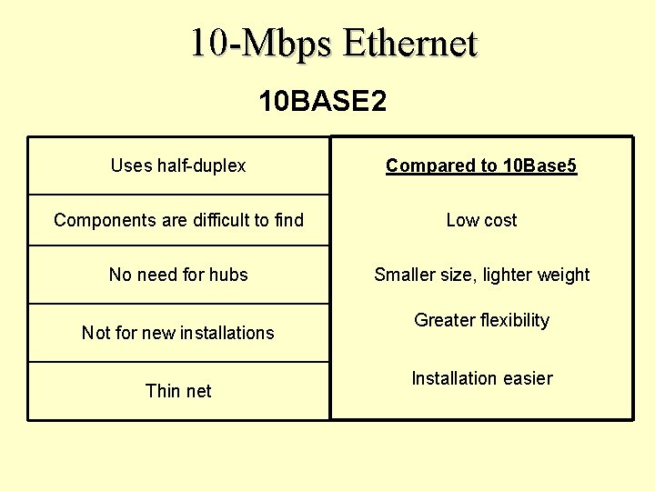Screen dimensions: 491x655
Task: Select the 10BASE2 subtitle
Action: click(x=322, y=101)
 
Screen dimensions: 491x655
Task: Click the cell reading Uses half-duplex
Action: click(x=178, y=165)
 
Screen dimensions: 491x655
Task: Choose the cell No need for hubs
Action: click(x=178, y=275)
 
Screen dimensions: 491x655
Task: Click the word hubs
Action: click(x=227, y=275)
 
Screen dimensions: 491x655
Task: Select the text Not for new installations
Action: click(x=178, y=333)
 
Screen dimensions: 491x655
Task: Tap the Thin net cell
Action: click(x=178, y=391)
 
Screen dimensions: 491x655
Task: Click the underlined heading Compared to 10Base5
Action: click(x=481, y=165)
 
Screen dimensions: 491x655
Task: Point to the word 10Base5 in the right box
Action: click(x=539, y=165)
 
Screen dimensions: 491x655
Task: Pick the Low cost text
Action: click(x=481, y=220)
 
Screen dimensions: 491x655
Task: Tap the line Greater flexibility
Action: click(x=481, y=320)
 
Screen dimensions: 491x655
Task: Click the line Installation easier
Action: click(x=481, y=378)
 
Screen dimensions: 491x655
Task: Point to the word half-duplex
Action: click(x=201, y=165)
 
